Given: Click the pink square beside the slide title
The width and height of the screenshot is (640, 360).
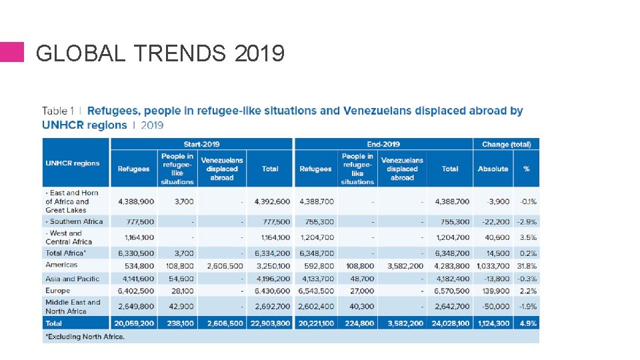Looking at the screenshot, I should coord(11,52).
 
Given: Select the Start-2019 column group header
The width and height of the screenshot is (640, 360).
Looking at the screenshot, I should coord(201,144).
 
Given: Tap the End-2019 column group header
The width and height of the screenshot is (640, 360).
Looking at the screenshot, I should coord(383,144).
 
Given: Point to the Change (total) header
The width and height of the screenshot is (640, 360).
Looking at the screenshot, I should coord(506,144).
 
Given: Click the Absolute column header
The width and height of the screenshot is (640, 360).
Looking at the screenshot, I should coord(493,169).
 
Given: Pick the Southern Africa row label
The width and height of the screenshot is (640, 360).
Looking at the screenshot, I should coord(74,221).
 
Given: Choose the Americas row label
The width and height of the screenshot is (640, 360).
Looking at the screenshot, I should coord(61,265).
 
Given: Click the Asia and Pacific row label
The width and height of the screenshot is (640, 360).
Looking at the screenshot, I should coord(72,279).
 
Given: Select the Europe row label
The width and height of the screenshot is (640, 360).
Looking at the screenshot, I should coord(58,291).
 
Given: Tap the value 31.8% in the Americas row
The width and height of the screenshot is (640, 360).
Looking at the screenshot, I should coord(526,266).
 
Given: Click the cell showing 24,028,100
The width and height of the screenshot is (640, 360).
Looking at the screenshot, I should coord(450,323).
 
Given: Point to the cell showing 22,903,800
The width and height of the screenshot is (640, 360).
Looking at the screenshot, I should coord(269,323).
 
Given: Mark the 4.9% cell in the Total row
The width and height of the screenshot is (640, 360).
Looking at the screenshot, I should coord(527,323).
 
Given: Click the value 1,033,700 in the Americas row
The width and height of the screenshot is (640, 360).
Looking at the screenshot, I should coord(493,266).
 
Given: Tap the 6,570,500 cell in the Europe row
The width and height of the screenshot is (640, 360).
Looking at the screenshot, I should coord(452,291).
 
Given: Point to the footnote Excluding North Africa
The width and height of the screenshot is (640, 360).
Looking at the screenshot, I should coord(85,337).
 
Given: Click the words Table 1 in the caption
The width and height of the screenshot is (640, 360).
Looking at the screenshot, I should coord(58,111).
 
